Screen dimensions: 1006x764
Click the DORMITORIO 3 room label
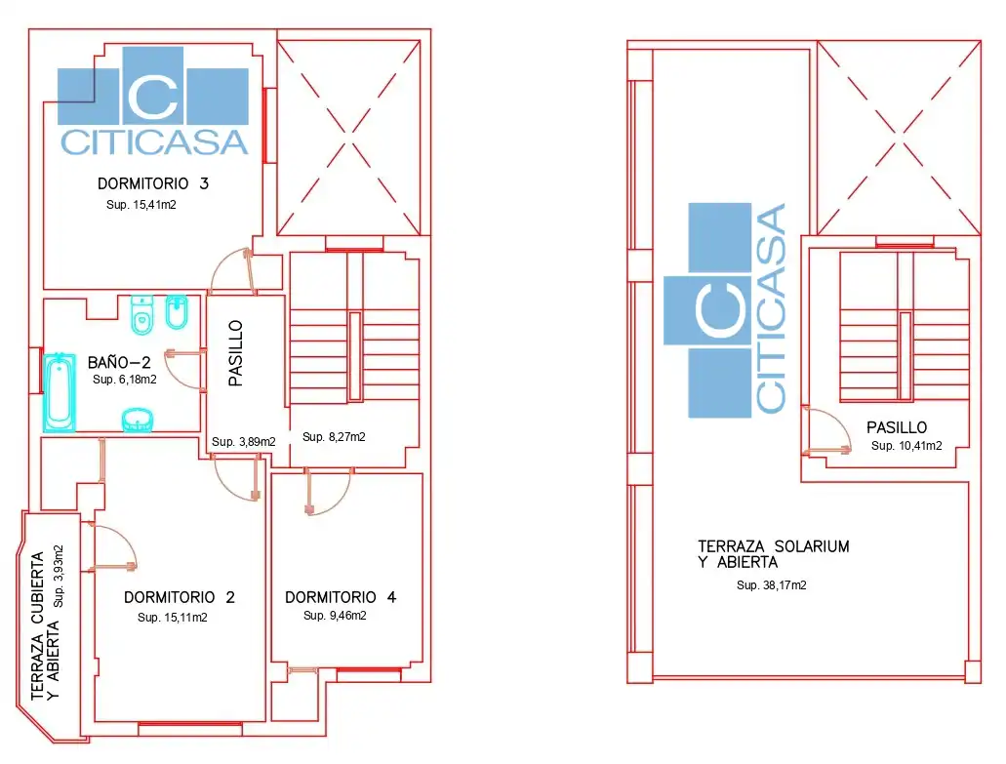[152, 183]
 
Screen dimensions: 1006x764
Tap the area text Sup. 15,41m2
[141, 205]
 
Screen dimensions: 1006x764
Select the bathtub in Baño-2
[59, 392]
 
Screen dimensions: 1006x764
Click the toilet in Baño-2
[141, 314]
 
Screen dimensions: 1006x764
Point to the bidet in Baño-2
[177, 312]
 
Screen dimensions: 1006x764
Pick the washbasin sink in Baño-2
[138, 421]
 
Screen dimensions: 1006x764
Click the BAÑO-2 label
[119, 362]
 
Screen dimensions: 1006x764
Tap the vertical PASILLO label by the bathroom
[235, 353]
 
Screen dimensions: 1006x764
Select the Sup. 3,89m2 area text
[244, 442]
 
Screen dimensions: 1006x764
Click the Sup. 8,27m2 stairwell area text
[334, 437]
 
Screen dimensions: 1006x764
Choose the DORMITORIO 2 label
[179, 597]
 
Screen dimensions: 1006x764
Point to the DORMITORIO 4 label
[340, 597]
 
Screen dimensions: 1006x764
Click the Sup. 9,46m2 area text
[335, 616]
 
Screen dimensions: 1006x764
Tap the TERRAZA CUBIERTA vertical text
[37, 624]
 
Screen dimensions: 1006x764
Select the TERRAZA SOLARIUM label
[773, 546]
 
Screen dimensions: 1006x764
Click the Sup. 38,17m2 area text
[771, 585]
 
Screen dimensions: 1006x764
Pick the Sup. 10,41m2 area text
[906, 446]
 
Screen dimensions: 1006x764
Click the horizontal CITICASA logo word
[154, 142]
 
